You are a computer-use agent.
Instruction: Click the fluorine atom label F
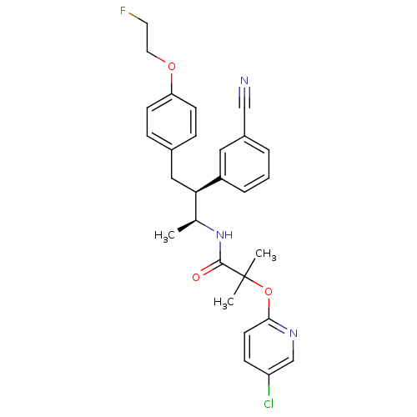click(x=123, y=11)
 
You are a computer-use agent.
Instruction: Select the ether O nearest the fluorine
click(x=173, y=66)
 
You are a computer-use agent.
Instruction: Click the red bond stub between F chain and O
click(x=164, y=60)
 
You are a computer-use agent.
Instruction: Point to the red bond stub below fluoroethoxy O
click(x=173, y=78)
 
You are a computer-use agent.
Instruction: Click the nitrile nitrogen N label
click(x=244, y=82)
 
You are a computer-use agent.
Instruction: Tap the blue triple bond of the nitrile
click(x=244, y=93)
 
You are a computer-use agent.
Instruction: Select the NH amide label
click(x=223, y=236)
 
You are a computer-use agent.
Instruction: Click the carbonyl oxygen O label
click(x=197, y=277)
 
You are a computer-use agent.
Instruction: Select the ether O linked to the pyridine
click(x=269, y=290)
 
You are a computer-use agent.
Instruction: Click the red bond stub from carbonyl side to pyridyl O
click(x=259, y=285)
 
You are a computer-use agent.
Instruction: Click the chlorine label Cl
click(x=269, y=404)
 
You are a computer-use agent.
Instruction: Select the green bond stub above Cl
click(x=269, y=392)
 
